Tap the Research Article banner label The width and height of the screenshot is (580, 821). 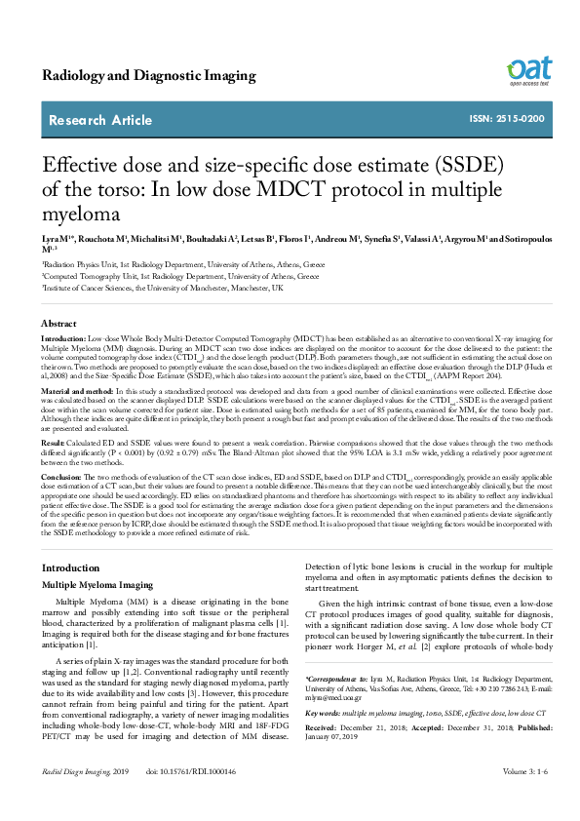coord(100,121)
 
